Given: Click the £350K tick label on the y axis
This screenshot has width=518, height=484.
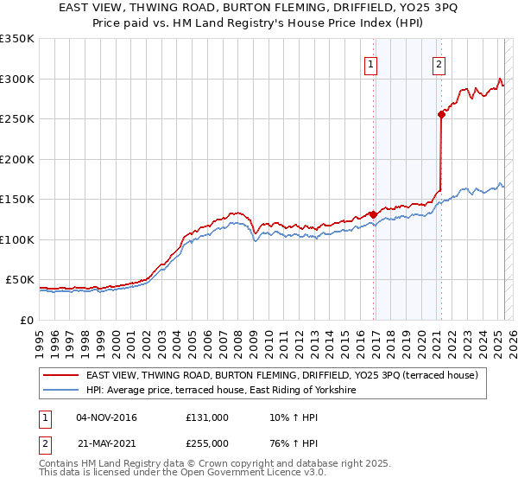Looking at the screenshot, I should point(16,39).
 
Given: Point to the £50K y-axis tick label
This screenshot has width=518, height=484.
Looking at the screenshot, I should point(19,280).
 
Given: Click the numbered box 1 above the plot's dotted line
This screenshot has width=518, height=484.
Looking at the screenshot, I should point(370,63).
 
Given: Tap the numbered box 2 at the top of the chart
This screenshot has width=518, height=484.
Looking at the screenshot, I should point(439,63).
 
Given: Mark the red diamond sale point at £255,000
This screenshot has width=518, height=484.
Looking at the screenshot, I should point(441,114).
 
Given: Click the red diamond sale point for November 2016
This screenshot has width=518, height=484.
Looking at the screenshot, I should point(373,214).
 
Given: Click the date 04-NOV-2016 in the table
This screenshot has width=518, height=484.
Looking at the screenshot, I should point(106,417).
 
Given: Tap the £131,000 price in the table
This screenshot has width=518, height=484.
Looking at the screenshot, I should point(206,417).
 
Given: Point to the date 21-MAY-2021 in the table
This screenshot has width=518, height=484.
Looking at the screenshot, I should point(106,443).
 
